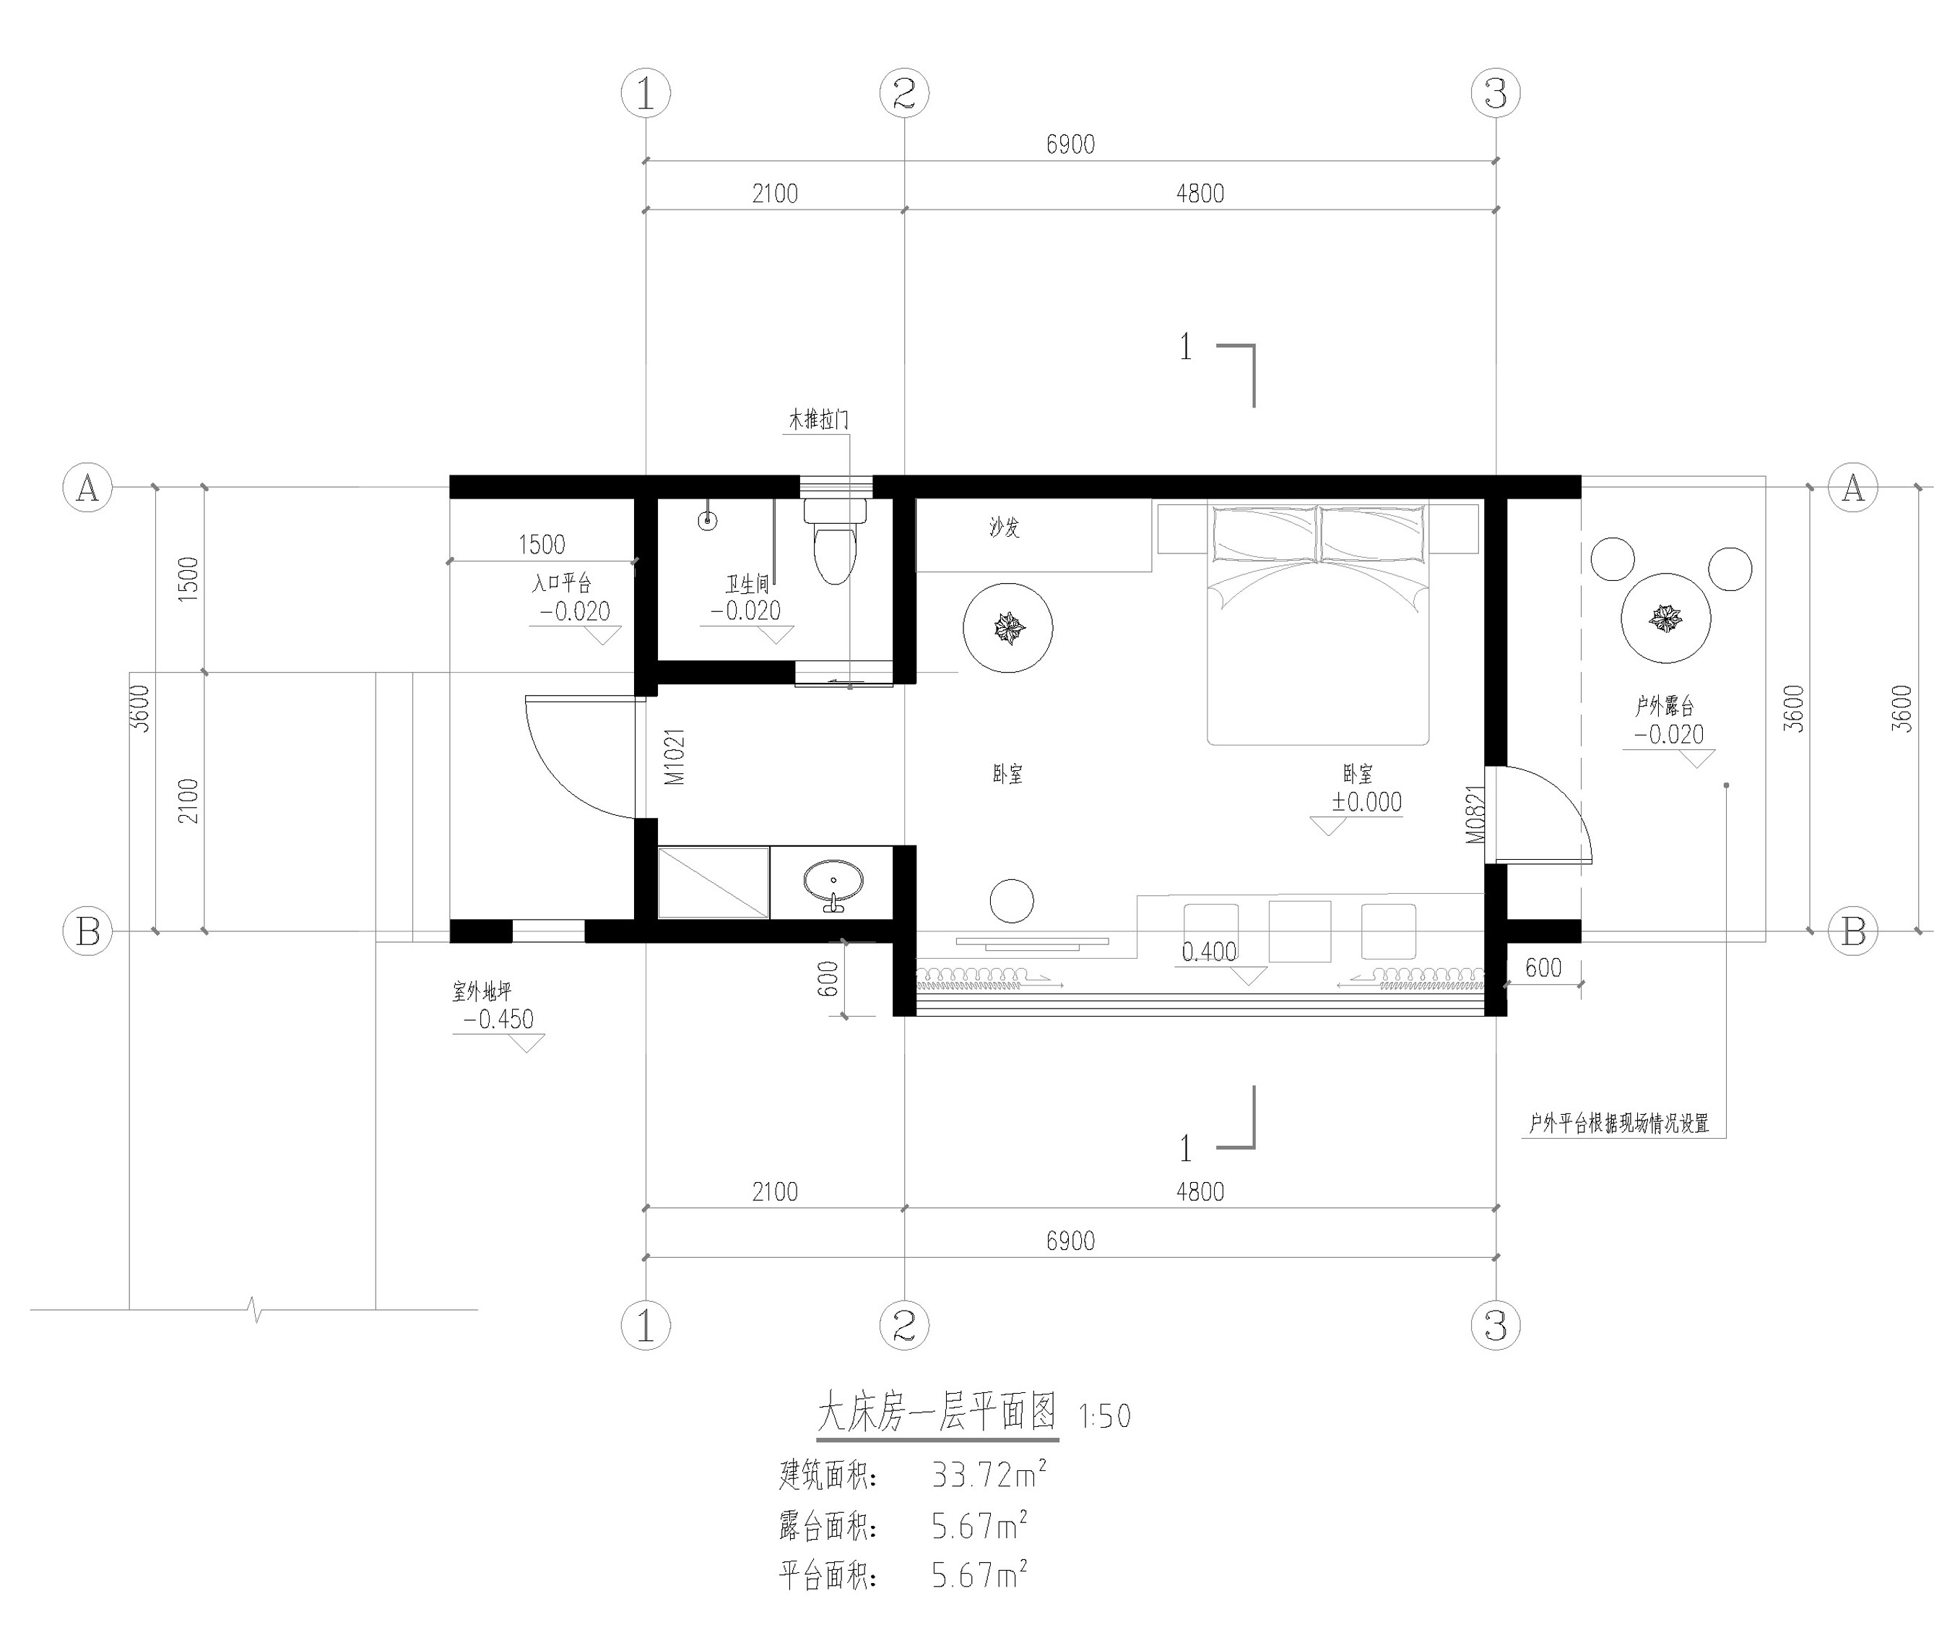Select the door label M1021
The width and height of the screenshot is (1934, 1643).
[675, 756]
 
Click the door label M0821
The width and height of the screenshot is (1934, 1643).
[1476, 814]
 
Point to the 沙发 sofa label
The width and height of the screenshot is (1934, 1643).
[1004, 528]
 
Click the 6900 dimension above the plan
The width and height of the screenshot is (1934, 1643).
[1070, 145]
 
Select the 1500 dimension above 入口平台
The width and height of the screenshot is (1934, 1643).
[541, 544]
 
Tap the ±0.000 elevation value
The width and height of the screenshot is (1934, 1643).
[1366, 802]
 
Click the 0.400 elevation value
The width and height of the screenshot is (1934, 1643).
[1209, 952]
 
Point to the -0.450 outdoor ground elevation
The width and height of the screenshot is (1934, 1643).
[498, 1019]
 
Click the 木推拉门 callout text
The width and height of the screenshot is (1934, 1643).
[818, 420]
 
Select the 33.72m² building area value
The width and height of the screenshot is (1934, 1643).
[989, 1475]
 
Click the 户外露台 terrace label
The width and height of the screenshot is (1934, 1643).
[1664, 706]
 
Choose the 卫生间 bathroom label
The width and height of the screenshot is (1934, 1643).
[747, 584]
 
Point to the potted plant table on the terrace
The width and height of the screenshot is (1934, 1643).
[1666, 618]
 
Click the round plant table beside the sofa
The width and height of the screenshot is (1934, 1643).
[1007, 628]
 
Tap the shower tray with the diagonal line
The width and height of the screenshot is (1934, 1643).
[714, 882]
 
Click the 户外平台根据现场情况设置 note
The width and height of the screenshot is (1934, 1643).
[1618, 1124]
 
